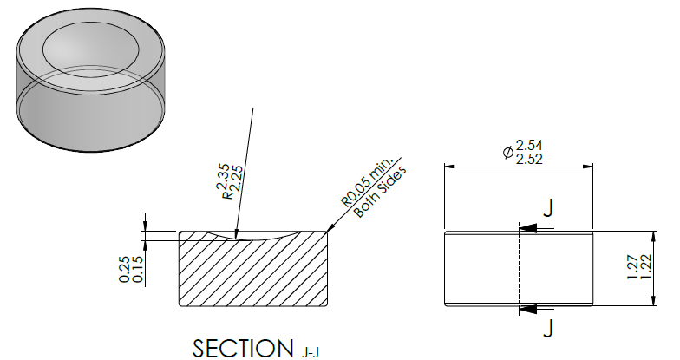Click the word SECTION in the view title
(x=243, y=349)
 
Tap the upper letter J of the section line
(x=548, y=208)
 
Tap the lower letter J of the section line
(x=548, y=328)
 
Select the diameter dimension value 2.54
(x=529, y=146)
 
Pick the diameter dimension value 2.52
(x=529, y=160)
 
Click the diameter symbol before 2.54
(x=508, y=153)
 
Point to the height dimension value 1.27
(x=633, y=267)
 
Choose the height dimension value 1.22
(x=645, y=267)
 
